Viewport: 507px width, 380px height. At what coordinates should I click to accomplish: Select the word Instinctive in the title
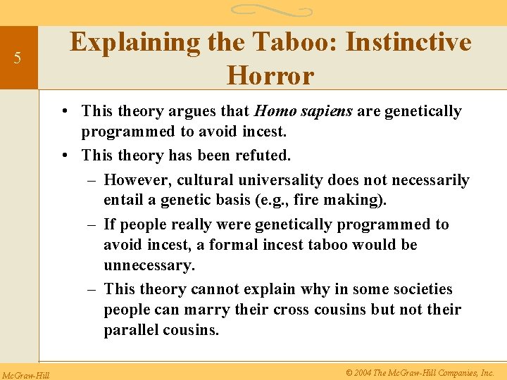click(x=408, y=42)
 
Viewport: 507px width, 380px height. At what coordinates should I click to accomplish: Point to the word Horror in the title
click(x=270, y=75)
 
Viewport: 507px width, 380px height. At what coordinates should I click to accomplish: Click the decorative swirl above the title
click(x=271, y=11)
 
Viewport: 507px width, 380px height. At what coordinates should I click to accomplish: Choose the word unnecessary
click(x=149, y=266)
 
